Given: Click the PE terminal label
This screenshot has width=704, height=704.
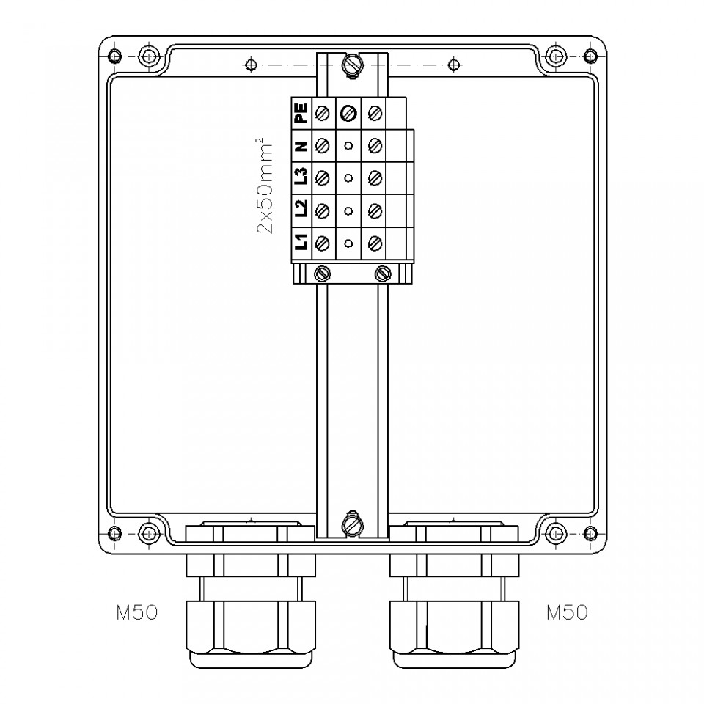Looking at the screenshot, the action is [x=301, y=113].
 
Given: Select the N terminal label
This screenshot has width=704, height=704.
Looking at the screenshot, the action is [x=301, y=146].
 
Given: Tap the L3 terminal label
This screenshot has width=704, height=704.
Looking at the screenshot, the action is [x=301, y=177].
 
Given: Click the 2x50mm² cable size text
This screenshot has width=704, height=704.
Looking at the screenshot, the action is [x=265, y=185].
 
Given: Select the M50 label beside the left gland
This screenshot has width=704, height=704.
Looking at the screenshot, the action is [x=137, y=612].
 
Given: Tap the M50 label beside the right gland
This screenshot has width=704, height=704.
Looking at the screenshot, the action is [x=567, y=612].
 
